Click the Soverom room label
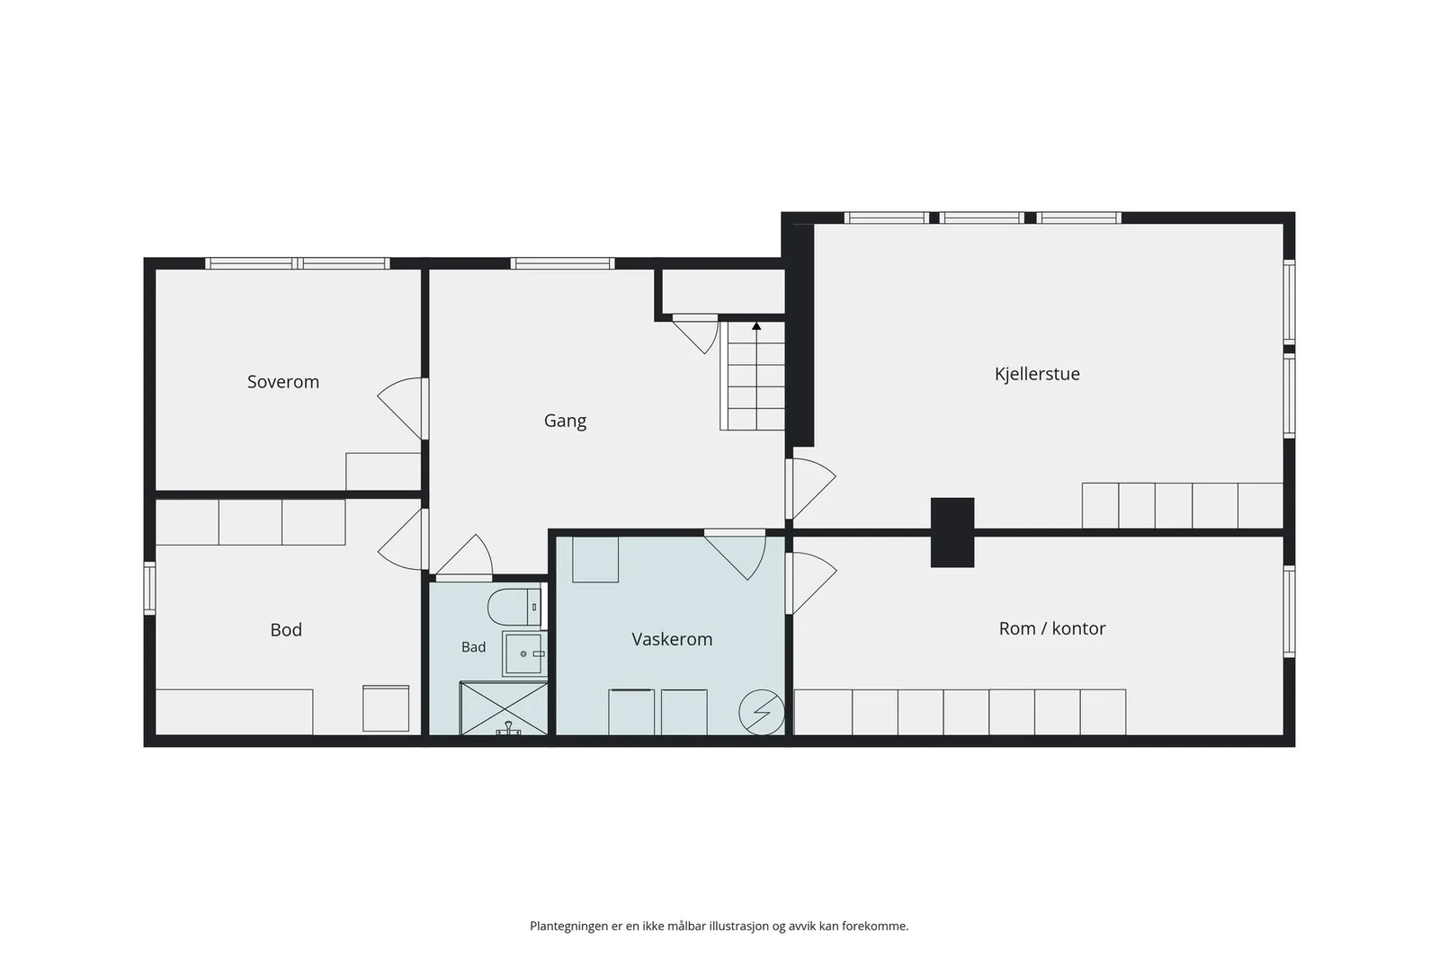click(283, 381)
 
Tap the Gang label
click(566, 422)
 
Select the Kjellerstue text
click(1037, 374)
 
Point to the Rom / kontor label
click(1052, 627)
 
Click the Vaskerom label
click(672, 639)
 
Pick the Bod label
click(286, 630)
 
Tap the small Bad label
click(473, 647)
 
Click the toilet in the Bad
click(514, 607)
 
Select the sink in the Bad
click(524, 654)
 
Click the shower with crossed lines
click(504, 708)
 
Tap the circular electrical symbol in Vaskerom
click(761, 712)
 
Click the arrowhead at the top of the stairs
click(756, 326)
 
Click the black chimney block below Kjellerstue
click(952, 532)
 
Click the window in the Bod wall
click(149, 588)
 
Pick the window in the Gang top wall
click(562, 263)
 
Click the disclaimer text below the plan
click(719, 926)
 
